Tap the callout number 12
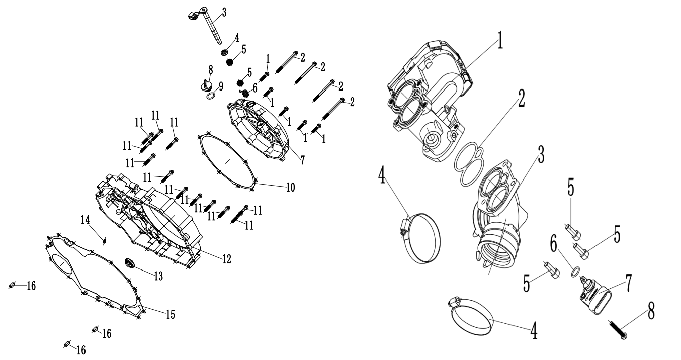pos(226,259)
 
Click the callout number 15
pos(171,314)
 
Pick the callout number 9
pos(221,87)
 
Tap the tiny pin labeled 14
pos(104,239)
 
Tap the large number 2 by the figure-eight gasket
pos(521,100)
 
